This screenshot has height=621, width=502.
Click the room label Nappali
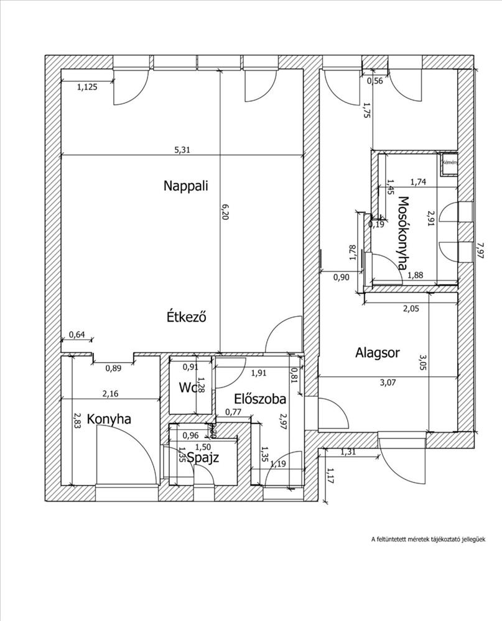(185, 185)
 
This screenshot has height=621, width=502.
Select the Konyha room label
(109, 419)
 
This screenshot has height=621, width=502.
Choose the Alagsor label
(378, 353)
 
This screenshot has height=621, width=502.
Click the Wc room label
(187, 388)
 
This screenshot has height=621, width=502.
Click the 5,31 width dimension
(182, 150)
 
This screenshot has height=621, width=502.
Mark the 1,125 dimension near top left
(87, 88)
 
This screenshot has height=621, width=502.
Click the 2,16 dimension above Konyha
(111, 393)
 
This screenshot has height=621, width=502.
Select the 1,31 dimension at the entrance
(350, 452)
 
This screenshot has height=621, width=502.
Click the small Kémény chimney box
(449, 163)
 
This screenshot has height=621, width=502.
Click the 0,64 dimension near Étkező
(77, 335)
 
